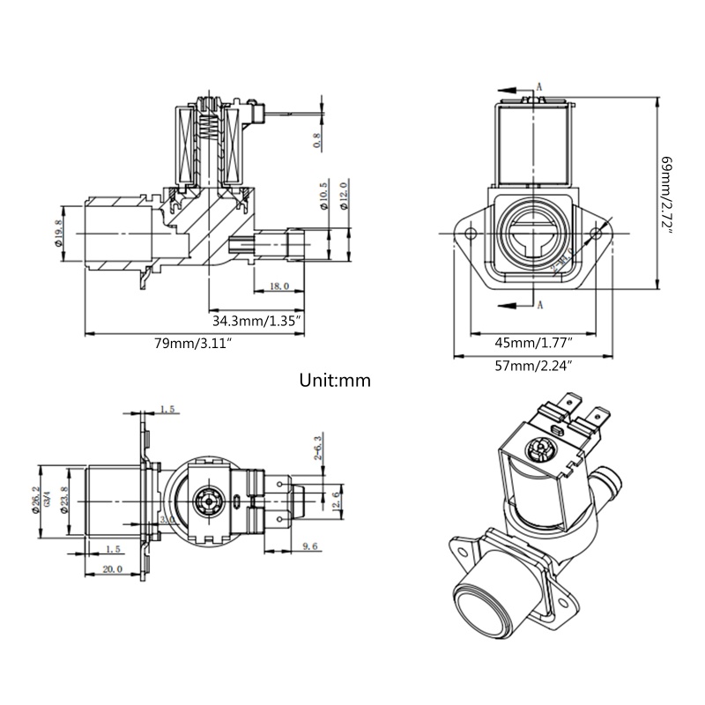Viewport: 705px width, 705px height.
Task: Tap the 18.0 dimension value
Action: [x=279, y=286]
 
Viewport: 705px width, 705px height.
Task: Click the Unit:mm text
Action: [x=335, y=381]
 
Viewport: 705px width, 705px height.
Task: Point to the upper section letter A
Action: [x=539, y=87]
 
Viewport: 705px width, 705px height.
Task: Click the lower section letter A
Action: [x=539, y=305]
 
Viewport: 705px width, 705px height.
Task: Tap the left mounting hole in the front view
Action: [x=471, y=234]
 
